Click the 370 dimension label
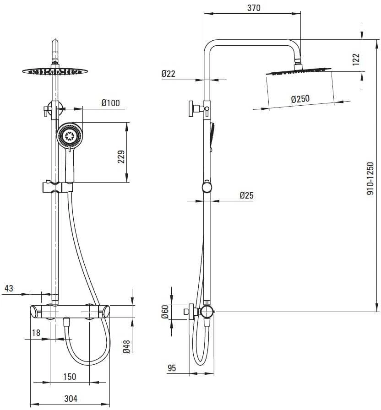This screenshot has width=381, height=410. (x=254, y=8)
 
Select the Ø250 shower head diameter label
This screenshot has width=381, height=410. (x=300, y=99)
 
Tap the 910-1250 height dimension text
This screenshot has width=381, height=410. (x=370, y=178)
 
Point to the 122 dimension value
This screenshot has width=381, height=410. (x=356, y=59)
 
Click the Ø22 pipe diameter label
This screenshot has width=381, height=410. (x=168, y=74)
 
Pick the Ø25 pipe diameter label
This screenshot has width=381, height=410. (x=246, y=195)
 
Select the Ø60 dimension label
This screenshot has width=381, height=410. (x=165, y=312)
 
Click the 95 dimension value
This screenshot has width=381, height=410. (x=172, y=368)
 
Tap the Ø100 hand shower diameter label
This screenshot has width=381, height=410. (x=110, y=103)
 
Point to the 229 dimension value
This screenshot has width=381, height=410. (x=121, y=157)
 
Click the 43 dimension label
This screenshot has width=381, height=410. (x=9, y=288)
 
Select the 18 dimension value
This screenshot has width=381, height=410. (x=36, y=333)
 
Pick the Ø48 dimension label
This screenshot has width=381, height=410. (x=126, y=347)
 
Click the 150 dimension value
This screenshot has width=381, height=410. (x=70, y=377)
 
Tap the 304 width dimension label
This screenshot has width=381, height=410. (x=71, y=399)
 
